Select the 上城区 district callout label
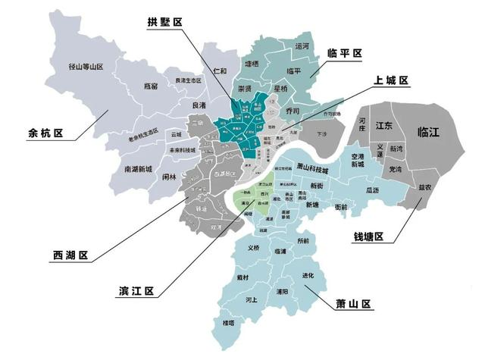[x=390, y=80]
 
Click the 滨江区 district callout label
[x=136, y=291]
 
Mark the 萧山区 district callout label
[x=355, y=304]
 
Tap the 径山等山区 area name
[x=85, y=67]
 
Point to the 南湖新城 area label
[x=138, y=169]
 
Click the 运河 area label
[x=302, y=46]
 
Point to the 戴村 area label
[x=243, y=278]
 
